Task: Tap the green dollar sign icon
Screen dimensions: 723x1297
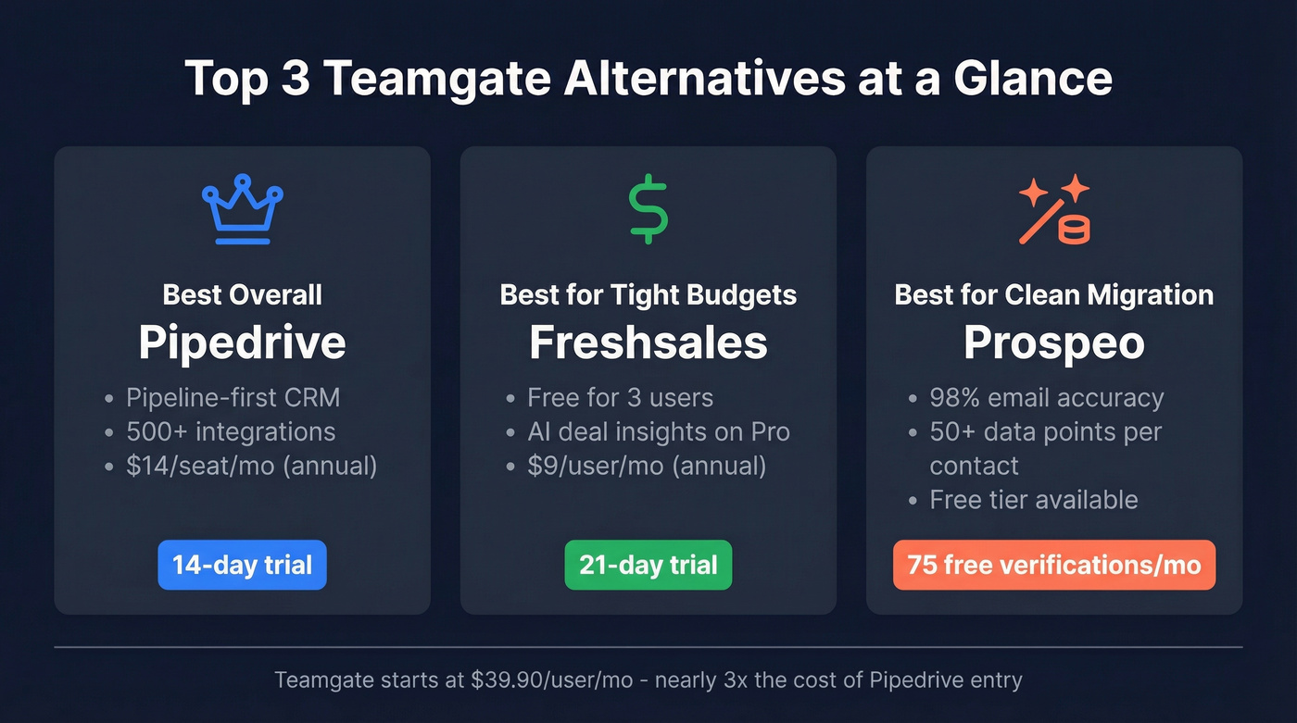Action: click(x=648, y=210)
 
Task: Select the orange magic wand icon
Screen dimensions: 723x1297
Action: click(x=1054, y=210)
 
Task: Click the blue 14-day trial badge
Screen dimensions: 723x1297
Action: click(x=242, y=565)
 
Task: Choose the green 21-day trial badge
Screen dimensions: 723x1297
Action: click(x=648, y=565)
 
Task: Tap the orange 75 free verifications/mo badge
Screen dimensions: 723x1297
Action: click(x=1054, y=565)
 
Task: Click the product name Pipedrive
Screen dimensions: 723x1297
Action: click(x=242, y=343)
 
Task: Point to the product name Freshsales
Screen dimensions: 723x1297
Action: click(x=648, y=343)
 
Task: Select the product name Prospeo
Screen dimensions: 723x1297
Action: click(x=1054, y=343)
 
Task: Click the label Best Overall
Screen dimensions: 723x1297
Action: click(x=242, y=295)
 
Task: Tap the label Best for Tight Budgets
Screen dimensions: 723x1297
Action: click(x=648, y=295)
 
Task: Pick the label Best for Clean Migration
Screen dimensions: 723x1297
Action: click(x=1054, y=295)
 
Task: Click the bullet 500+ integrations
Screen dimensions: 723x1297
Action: click(x=231, y=431)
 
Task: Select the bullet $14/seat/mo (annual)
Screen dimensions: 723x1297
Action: click(x=251, y=465)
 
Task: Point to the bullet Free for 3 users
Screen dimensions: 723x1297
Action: click(x=620, y=398)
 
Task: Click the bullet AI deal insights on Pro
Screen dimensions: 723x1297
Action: click(x=658, y=431)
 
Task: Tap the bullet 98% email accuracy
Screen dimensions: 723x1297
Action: click(x=1046, y=398)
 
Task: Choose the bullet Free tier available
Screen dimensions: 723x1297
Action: click(x=1033, y=500)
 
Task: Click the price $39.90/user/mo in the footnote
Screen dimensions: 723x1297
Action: click(x=551, y=680)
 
